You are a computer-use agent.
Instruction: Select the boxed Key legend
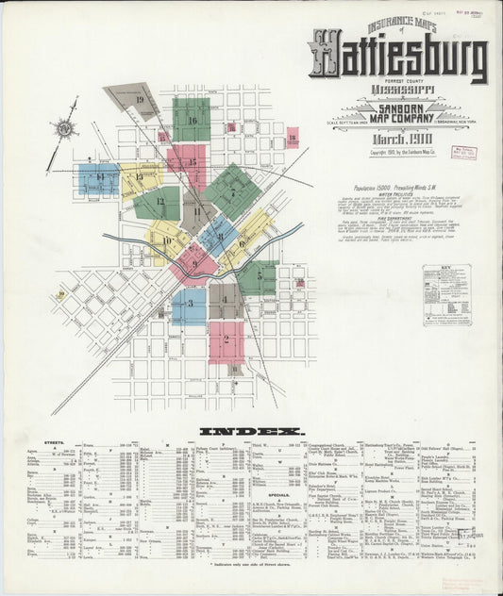pyautogui.click(x=446, y=295)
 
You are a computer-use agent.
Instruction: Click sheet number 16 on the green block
pyautogui.click(x=192, y=120)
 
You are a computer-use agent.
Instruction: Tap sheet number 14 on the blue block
pyautogui.click(x=99, y=176)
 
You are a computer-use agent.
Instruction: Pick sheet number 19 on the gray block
pyautogui.click(x=140, y=98)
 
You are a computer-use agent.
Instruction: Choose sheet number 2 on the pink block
pyautogui.click(x=226, y=339)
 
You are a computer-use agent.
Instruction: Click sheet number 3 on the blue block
pyautogui.click(x=190, y=303)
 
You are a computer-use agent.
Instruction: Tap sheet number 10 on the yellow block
pyautogui.click(x=166, y=240)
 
